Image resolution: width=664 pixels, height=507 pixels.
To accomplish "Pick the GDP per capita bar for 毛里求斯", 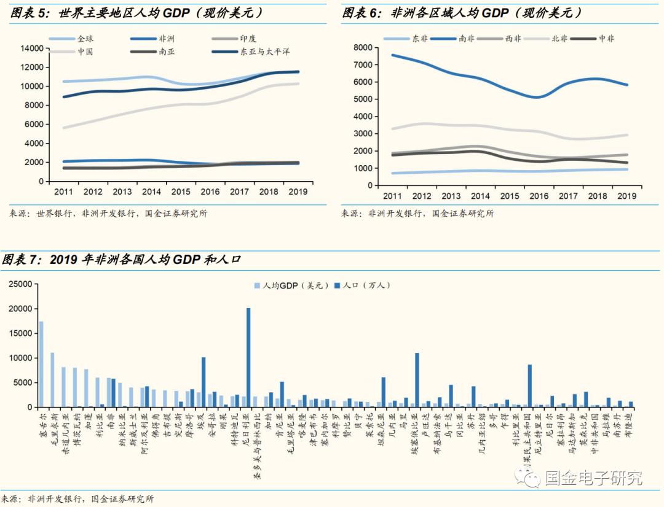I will [52, 379].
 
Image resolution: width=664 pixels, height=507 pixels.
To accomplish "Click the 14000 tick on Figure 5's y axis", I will [31, 48].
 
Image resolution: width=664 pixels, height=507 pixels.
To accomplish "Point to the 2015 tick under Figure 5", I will [181, 192].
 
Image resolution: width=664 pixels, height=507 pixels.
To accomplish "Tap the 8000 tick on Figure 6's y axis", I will [363, 47].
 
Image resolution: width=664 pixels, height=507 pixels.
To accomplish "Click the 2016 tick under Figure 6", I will [539, 196].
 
